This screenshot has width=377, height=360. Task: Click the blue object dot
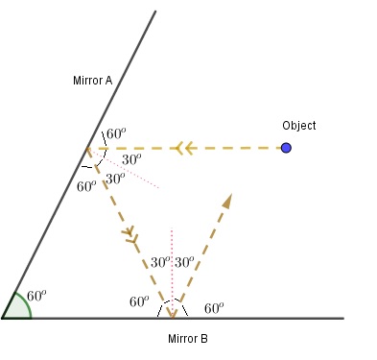coord(286,148)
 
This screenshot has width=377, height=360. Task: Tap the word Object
coord(299,126)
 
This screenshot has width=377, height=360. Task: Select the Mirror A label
coord(93,81)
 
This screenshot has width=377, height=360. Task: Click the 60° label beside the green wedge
coord(37,296)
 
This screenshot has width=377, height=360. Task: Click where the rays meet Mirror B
coord(172,317)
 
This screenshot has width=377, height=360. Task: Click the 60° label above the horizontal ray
coord(116,134)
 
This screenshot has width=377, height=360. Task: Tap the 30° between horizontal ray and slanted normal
coord(132,158)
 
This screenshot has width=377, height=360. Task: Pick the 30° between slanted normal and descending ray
coord(114,179)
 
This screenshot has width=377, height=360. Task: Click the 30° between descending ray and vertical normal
coord(160,261)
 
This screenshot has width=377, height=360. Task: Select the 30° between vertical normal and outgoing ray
coord(184,261)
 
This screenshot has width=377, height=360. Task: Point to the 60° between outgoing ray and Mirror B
coord(213,307)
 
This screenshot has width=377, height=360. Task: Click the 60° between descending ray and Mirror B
coord(139,302)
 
